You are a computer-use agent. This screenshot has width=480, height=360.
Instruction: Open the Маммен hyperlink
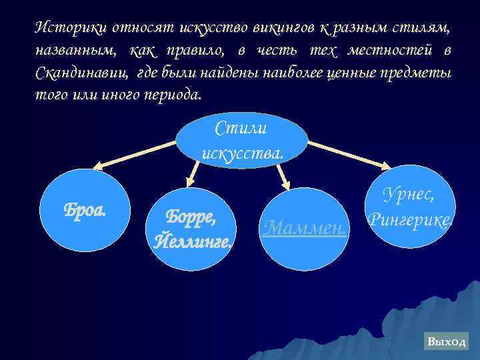coord(305,229)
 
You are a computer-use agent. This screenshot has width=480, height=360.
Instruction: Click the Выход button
coord(447,341)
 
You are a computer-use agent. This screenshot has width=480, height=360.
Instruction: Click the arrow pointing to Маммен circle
coord(283,175)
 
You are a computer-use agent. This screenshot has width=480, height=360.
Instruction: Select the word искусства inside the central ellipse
coord(242,152)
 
